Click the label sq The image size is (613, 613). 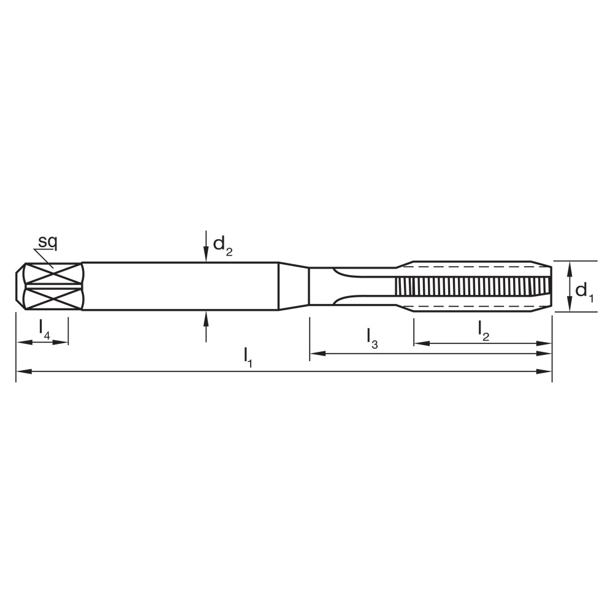pos(47,242)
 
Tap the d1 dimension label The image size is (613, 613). pos(584,291)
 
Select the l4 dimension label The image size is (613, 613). pos(44,329)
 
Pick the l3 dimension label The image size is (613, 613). pos(372,337)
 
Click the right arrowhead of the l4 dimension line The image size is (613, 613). pos(61,342)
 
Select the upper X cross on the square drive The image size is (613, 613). pos(53,274)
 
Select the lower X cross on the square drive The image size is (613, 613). pos(53,299)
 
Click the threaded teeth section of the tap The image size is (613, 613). pos(472,286)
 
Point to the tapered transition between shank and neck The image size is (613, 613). pos(294,286)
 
